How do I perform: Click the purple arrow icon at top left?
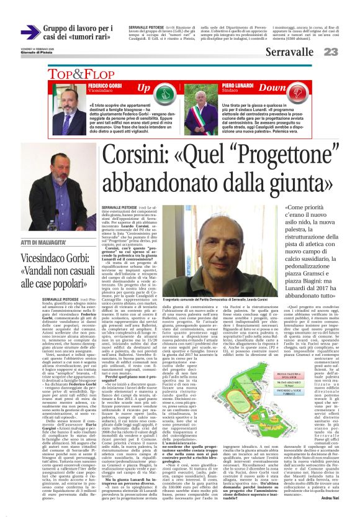30,32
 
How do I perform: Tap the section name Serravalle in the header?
289,53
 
